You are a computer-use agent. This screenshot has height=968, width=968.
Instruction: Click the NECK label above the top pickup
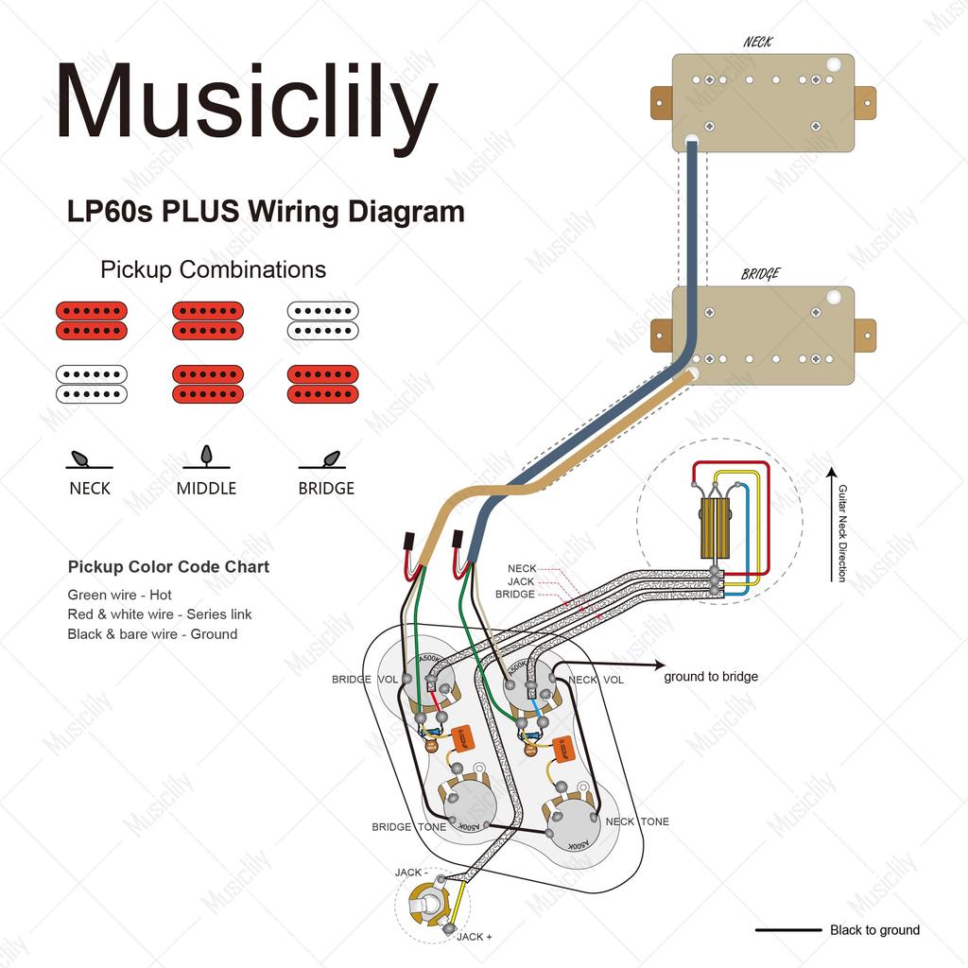pos(758,42)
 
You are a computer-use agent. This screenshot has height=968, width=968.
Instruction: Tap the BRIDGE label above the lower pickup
pos(760,274)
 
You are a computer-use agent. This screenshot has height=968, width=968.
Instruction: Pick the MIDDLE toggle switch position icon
pos(206,458)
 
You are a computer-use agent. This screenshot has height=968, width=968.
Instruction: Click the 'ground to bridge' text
pos(711,677)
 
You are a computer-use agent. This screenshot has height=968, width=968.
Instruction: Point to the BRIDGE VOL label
pos(364,680)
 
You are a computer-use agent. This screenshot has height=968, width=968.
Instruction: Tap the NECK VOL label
pos(596,680)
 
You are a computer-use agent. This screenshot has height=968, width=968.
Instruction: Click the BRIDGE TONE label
pos(408,827)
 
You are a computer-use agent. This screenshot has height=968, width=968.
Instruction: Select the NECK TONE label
pos(637,821)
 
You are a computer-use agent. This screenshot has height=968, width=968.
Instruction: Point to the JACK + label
pos(474,937)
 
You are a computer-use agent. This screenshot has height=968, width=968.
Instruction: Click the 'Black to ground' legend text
pos(874,930)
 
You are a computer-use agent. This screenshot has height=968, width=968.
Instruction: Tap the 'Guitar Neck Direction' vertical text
pos(842,533)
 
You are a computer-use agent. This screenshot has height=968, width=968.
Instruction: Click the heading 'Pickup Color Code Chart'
pos(168,567)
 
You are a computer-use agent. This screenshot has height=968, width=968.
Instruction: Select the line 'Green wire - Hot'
pos(120,596)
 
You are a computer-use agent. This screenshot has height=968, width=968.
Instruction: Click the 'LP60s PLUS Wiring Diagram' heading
pos(266,211)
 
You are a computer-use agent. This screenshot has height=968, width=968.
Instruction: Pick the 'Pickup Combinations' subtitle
pos(213,269)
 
